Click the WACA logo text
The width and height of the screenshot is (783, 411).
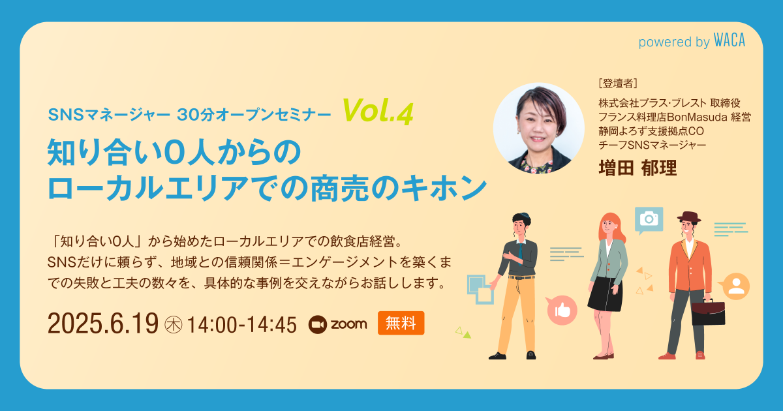pyautogui.click(x=729, y=40)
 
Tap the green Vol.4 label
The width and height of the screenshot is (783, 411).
pyautogui.click(x=378, y=111)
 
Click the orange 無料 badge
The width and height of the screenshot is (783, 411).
pyautogui.click(x=401, y=323)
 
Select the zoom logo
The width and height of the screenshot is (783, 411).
pyautogui.click(x=338, y=324)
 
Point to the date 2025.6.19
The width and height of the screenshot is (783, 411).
pyautogui.click(x=103, y=324)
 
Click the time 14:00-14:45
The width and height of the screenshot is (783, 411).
pyautogui.click(x=242, y=325)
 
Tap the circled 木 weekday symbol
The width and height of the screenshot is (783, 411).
pyautogui.click(x=174, y=325)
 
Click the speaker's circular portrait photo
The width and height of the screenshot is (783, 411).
pyautogui.click(x=539, y=129)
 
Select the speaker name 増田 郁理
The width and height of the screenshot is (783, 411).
pyautogui.click(x=637, y=168)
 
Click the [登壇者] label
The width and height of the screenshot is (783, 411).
pyautogui.click(x=618, y=84)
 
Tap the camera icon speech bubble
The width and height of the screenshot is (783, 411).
pyautogui.click(x=649, y=221)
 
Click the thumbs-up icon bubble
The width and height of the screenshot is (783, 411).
pyautogui.click(x=561, y=310)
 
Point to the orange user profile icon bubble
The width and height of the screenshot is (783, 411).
pyautogui.click(x=735, y=286)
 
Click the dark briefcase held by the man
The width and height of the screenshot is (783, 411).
pyautogui.click(x=708, y=312)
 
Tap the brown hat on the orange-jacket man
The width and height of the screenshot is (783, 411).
pyautogui.click(x=689, y=217)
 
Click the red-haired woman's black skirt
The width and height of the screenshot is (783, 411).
pyautogui.click(x=605, y=294)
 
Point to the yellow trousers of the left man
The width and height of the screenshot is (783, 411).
pyautogui.click(x=517, y=314)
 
